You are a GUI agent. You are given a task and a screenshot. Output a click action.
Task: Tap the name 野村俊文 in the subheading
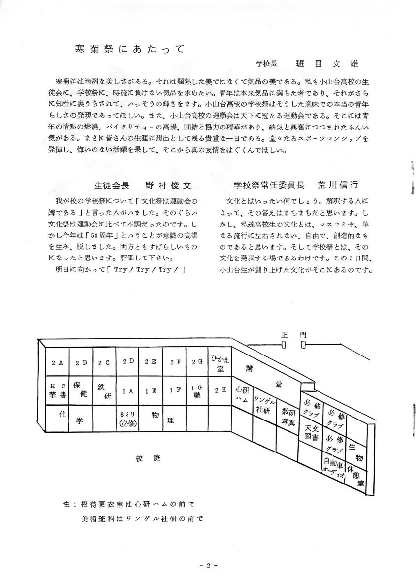pyautogui.click(x=167, y=185)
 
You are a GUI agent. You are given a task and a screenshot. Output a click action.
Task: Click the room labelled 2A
pyautogui.click(x=57, y=363)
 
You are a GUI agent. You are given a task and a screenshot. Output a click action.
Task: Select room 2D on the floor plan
pyautogui.click(x=128, y=362)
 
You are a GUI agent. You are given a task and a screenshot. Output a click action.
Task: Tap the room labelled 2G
pyautogui.click(x=197, y=362)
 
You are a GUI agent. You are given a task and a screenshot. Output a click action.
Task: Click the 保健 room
pyautogui.click(x=80, y=389)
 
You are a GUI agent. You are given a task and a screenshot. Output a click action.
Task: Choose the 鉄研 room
pyautogui.click(x=104, y=391)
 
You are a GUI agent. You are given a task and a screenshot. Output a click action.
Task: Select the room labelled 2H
pyautogui.click(x=220, y=390)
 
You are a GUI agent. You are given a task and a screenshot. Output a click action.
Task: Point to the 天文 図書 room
pyautogui.click(x=311, y=432)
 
